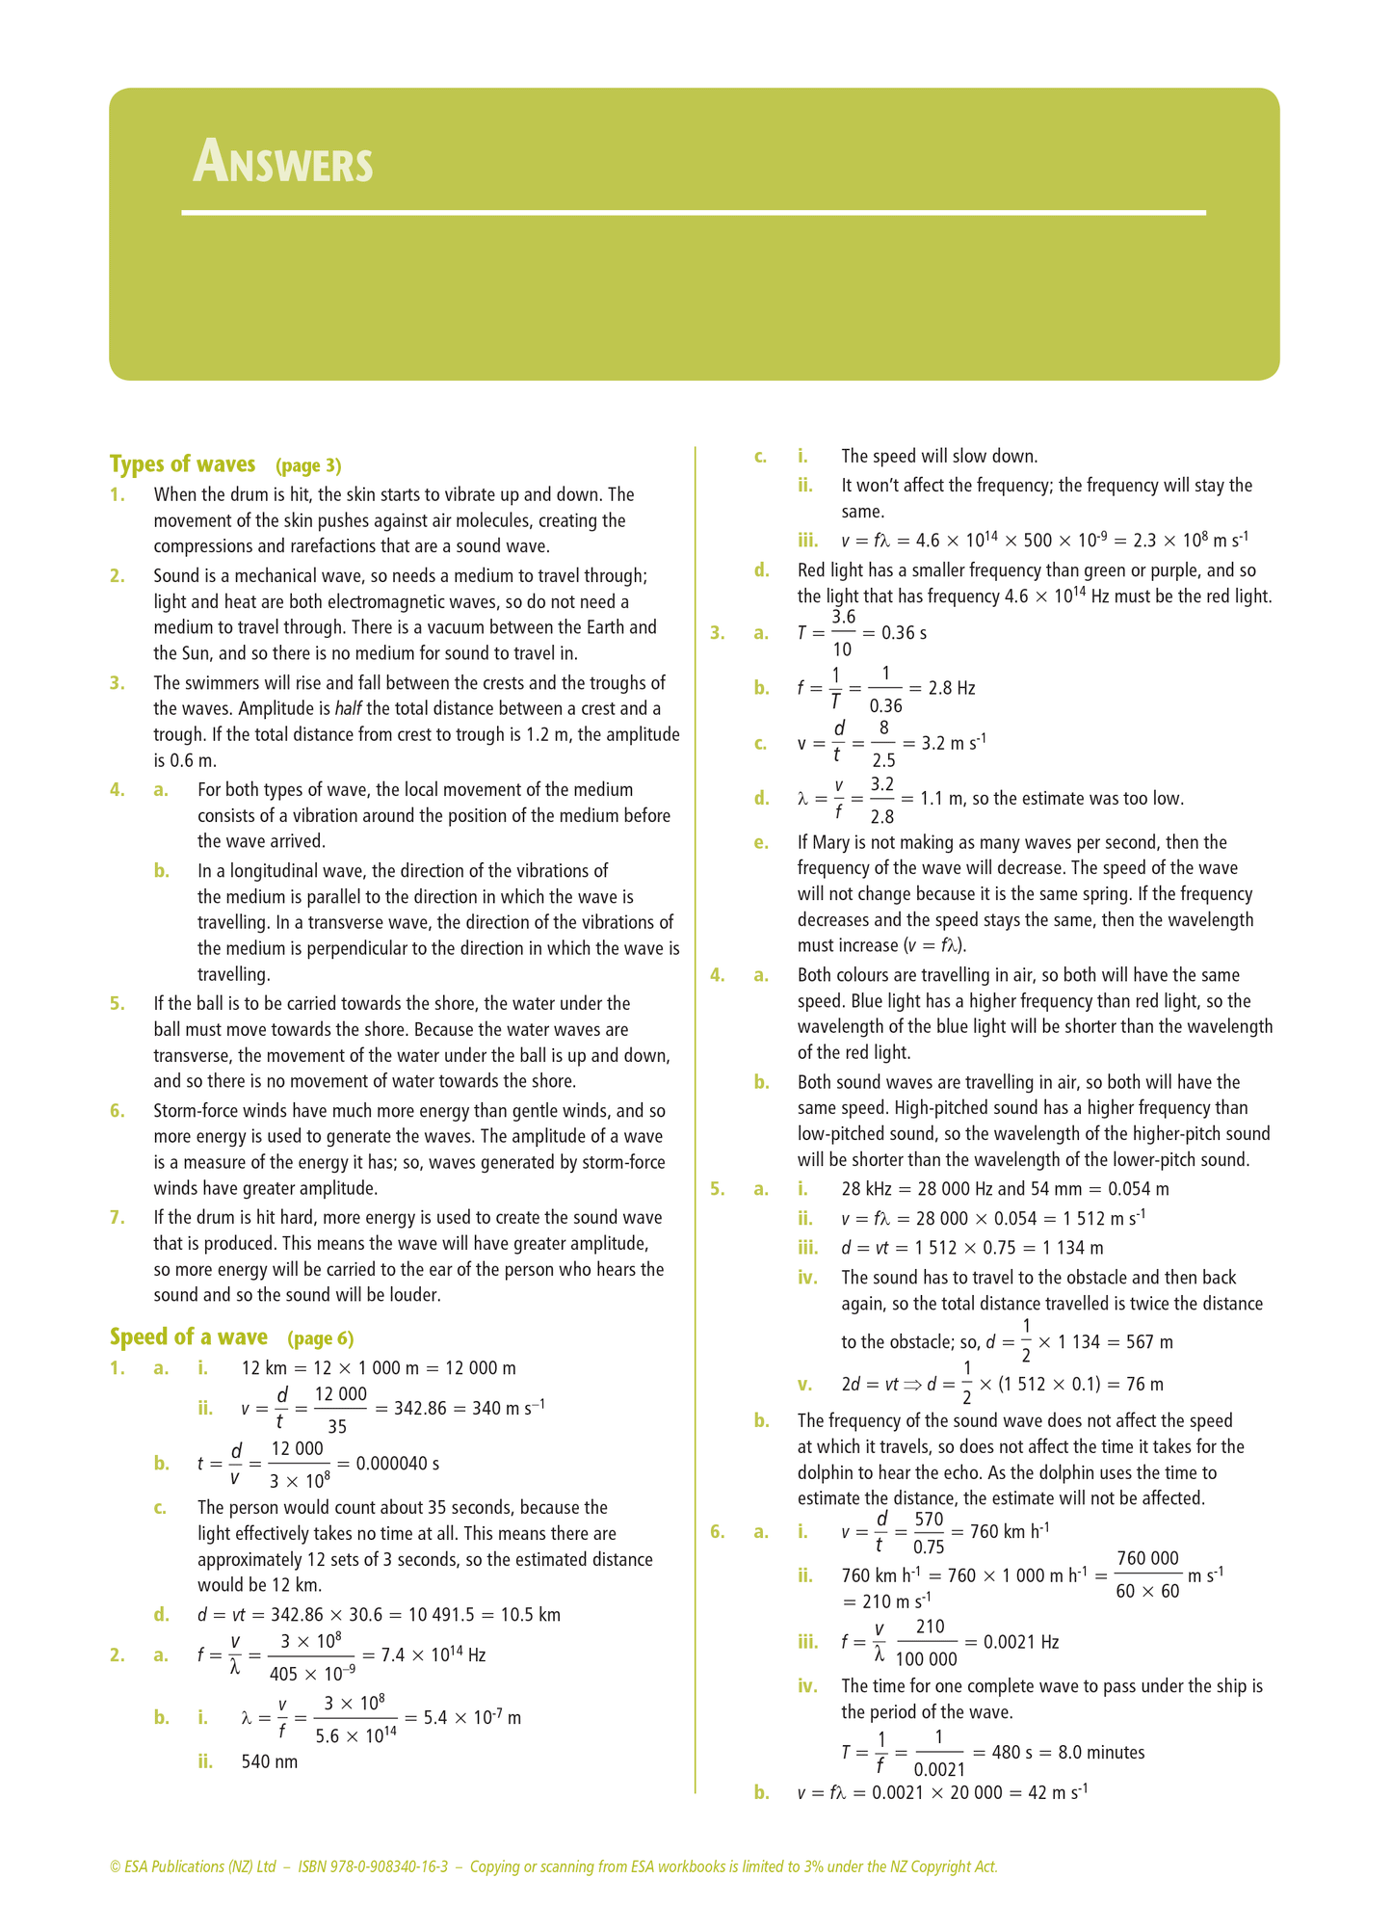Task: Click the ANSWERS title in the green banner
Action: pos(282,162)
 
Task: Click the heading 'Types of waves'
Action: pos(182,464)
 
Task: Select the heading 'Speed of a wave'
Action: pos(188,1337)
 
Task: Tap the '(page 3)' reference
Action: pos(308,466)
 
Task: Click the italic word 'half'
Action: pos(348,709)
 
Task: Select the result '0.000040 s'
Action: pos(397,1464)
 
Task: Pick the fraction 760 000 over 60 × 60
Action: pos(1147,1574)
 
